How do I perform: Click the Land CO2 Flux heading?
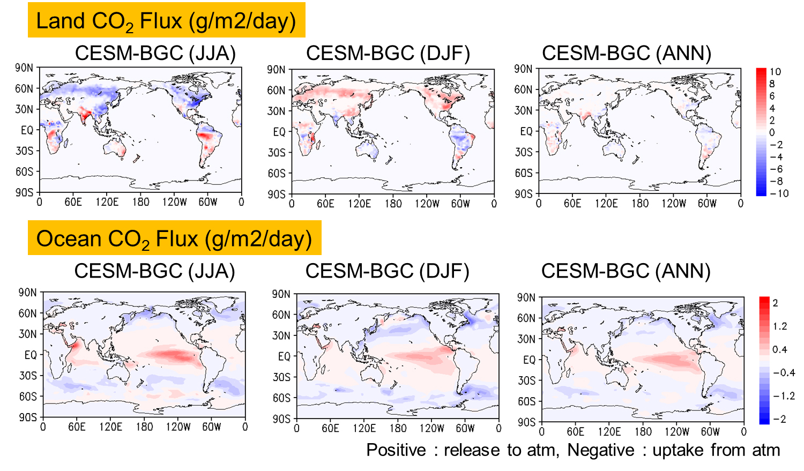(166, 21)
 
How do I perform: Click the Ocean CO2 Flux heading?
(174, 238)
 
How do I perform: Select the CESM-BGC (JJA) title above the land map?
(155, 54)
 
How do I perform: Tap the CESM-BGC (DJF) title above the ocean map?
(387, 271)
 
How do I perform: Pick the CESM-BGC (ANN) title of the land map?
(626, 54)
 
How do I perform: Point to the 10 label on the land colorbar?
(775, 72)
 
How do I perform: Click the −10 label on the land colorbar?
(779, 193)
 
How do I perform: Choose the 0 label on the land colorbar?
(772, 132)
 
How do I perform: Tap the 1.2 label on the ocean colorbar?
(779, 326)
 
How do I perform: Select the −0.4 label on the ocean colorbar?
(783, 373)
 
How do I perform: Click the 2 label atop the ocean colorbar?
(775, 303)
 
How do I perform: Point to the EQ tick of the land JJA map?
(27, 130)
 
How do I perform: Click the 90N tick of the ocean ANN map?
(526, 297)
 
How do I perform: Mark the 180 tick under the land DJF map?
(393, 204)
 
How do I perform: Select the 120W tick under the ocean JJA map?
(178, 427)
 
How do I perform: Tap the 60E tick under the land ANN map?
(572, 204)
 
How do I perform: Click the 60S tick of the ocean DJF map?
(281, 398)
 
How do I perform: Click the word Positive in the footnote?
(396, 450)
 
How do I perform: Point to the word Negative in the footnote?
(600, 450)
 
